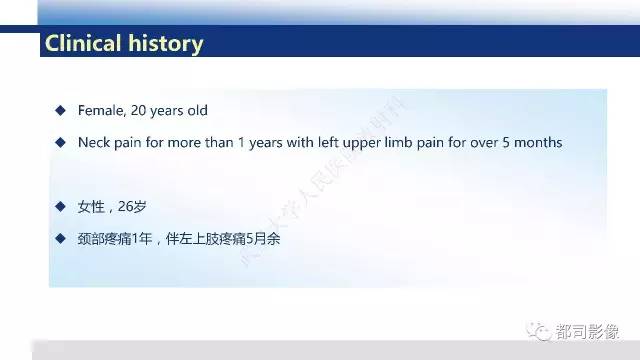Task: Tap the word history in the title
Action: click(166, 44)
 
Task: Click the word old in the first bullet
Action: click(197, 109)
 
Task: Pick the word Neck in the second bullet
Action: click(94, 142)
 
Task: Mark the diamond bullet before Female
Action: click(61, 109)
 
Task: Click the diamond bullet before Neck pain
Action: click(61, 142)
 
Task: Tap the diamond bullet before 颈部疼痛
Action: click(61, 240)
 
